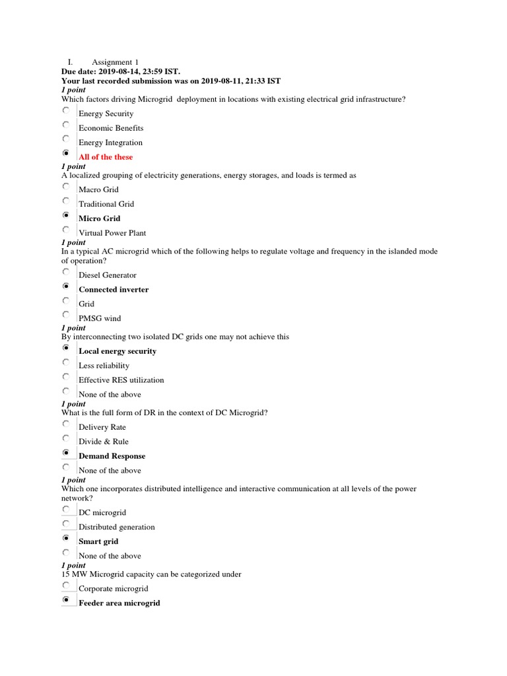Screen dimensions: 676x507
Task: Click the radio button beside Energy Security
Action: click(66, 111)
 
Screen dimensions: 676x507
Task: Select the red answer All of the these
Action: click(106, 157)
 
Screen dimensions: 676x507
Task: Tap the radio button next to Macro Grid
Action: click(66, 187)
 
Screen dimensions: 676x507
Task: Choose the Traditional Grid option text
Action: click(106, 204)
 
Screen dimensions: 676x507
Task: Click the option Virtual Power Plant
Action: click(112, 233)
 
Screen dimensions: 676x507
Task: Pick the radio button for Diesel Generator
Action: click(66, 272)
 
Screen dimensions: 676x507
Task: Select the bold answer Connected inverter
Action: click(114, 289)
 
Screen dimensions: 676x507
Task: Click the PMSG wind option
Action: click(100, 318)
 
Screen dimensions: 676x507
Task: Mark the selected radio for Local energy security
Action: click(66, 348)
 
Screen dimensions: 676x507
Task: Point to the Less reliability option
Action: click(104, 366)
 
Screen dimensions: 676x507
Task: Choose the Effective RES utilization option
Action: click(121, 380)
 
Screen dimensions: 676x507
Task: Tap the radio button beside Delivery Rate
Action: click(66, 424)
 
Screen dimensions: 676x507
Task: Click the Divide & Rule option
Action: click(104, 442)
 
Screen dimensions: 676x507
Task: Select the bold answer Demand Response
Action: click(112, 456)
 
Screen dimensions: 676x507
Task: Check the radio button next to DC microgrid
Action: click(67, 510)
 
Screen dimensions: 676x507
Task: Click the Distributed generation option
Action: click(117, 527)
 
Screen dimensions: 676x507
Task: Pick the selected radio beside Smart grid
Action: click(67, 539)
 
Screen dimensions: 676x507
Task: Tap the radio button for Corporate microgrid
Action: click(67, 586)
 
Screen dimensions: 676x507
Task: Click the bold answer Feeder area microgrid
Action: click(119, 603)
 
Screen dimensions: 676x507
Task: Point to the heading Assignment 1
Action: click(116, 61)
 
